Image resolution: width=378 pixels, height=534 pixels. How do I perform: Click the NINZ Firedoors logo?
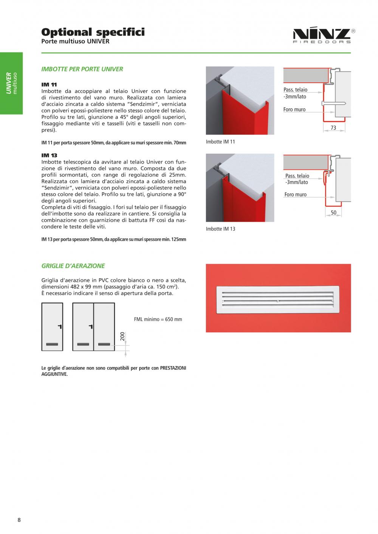click(324, 36)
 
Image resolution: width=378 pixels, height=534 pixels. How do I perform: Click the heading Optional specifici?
click(93, 32)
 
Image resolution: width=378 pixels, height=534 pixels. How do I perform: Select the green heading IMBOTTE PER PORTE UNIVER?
click(82, 69)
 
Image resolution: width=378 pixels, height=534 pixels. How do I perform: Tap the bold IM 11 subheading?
click(49, 85)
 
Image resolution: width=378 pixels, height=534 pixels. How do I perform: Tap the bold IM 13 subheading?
click(49, 156)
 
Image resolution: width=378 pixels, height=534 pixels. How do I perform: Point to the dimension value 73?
click(333, 128)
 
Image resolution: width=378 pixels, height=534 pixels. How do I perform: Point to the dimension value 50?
click(334, 212)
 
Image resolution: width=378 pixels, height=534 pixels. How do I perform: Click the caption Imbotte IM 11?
click(220, 142)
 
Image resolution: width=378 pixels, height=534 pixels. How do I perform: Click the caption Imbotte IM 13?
click(220, 229)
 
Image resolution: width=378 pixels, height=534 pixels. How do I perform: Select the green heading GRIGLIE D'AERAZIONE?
click(73, 266)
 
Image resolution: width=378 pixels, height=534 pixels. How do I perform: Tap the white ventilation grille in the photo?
click(278, 299)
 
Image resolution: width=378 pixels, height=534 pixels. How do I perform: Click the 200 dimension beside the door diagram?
click(122, 336)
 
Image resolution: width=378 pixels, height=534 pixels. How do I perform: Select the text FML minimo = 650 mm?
click(158, 319)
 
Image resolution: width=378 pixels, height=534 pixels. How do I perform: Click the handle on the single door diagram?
click(60, 327)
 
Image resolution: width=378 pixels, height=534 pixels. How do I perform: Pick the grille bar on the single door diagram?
click(52, 344)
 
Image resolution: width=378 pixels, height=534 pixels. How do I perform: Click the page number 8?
click(19, 520)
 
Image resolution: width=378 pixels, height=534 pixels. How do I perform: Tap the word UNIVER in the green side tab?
click(9, 83)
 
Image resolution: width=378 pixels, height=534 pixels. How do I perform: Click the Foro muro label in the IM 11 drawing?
click(294, 110)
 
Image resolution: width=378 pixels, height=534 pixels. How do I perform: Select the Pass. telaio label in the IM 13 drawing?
click(297, 176)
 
